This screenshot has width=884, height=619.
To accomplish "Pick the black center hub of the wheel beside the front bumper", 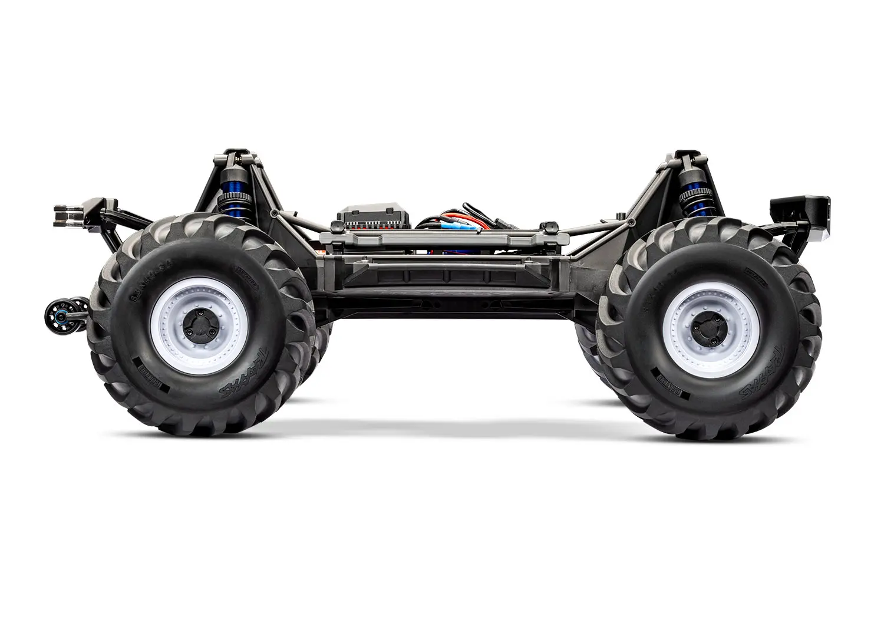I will pyautogui.click(x=707, y=324).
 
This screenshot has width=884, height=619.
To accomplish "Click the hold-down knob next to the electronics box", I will pyautogui.click(x=337, y=226).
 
